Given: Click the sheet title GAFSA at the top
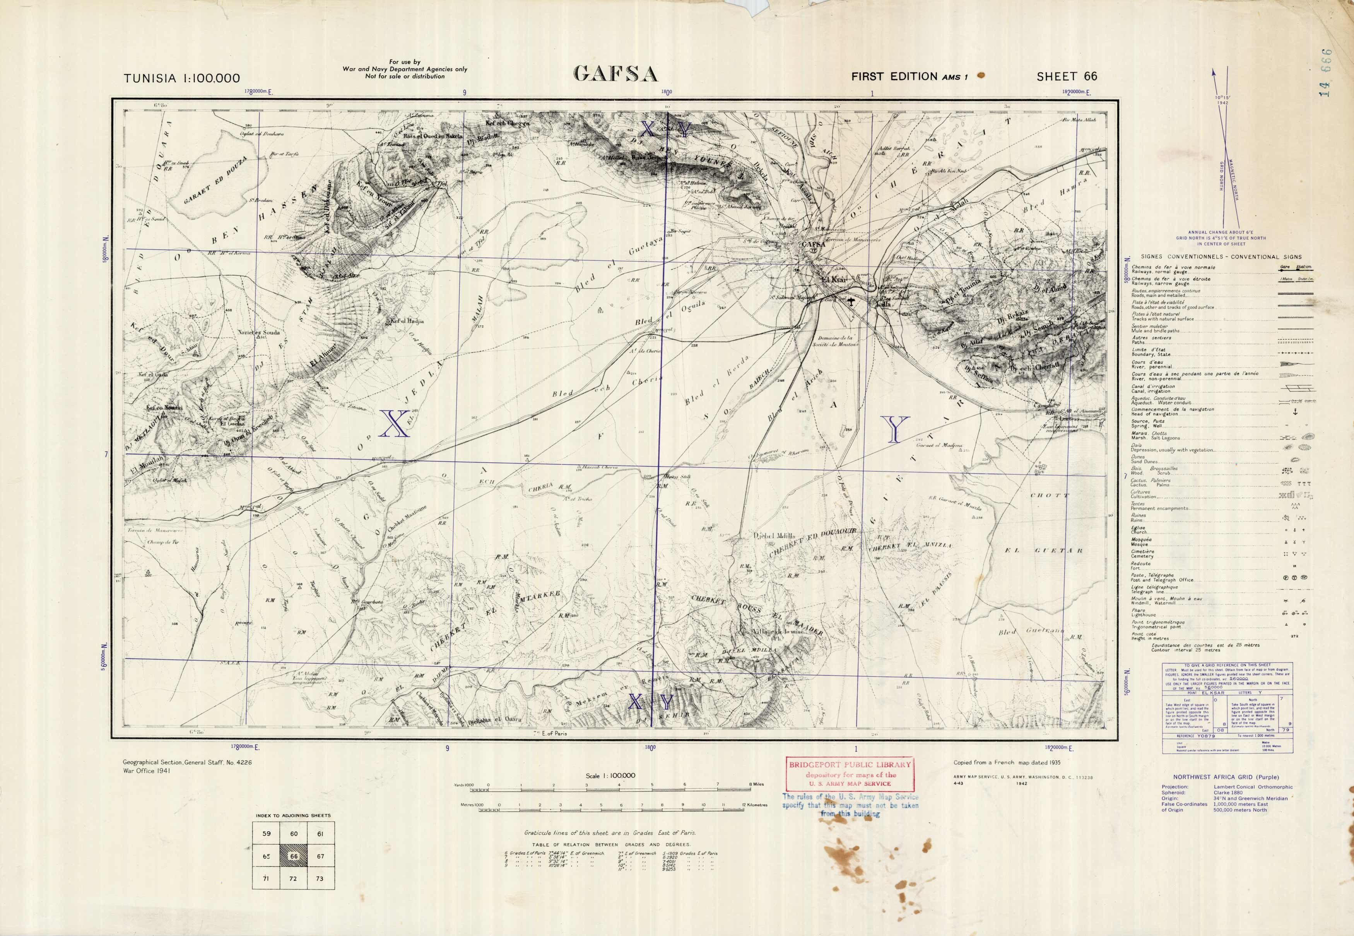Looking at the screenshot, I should tap(615, 74).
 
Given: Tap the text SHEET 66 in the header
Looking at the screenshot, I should tap(1067, 76).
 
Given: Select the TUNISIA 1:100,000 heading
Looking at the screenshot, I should tap(182, 78).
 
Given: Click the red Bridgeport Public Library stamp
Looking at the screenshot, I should tap(850, 774).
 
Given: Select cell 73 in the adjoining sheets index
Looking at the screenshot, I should tap(319, 878).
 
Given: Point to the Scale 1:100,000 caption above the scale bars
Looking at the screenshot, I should tap(610, 775).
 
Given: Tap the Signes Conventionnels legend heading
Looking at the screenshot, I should tap(1221, 257).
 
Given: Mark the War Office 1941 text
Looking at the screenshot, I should tap(147, 771).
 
